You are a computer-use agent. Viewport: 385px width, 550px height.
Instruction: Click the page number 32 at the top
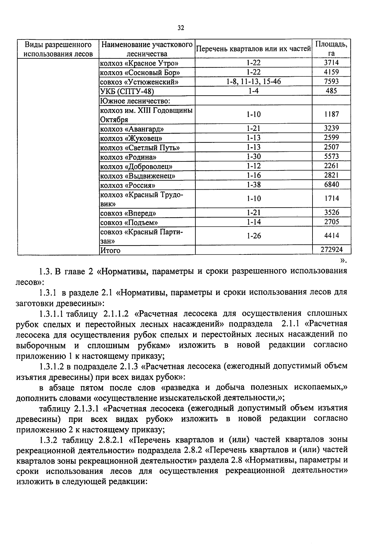(181, 28)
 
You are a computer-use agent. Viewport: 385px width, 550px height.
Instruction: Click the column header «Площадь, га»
(331, 49)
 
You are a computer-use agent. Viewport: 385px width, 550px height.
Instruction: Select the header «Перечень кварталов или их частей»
(253, 49)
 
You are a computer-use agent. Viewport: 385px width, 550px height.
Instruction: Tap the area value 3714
(331, 63)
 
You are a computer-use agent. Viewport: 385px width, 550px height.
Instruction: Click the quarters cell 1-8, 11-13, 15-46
(253, 82)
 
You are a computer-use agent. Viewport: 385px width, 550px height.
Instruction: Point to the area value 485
(331, 91)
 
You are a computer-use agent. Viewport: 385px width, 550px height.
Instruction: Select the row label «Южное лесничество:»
(135, 101)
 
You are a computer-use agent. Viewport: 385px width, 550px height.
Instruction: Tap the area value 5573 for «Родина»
(331, 157)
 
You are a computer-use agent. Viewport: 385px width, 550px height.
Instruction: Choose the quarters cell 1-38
(253, 185)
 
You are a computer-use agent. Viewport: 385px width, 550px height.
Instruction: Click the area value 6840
(331, 185)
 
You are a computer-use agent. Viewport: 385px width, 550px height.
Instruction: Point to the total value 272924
(331, 250)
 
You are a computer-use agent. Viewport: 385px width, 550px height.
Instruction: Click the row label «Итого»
(110, 250)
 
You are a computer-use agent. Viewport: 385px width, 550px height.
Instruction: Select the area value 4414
(331, 236)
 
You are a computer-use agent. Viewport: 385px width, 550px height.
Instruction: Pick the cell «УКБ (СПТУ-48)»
(127, 91)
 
